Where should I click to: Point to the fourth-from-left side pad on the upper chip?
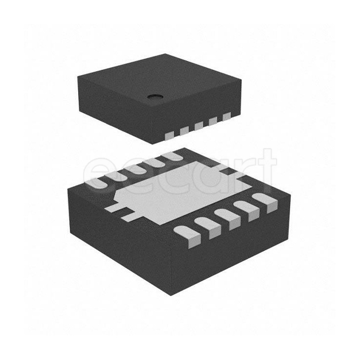[213, 122]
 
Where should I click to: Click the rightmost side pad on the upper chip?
[227, 117]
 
